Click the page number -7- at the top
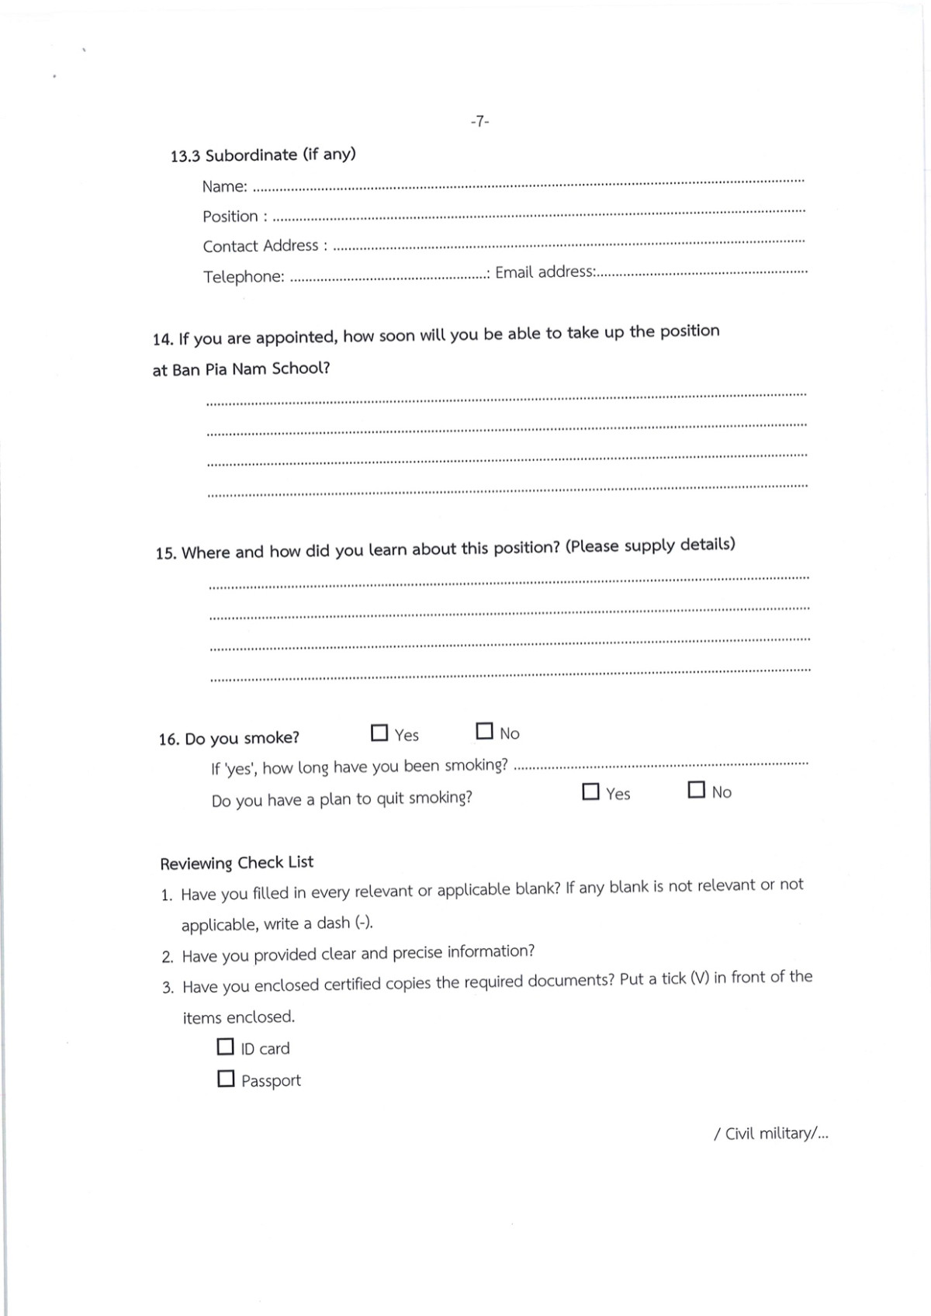click(x=479, y=121)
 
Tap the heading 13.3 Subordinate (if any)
click(x=263, y=154)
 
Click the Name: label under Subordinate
click(x=225, y=186)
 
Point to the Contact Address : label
click(x=265, y=246)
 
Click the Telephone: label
click(x=244, y=276)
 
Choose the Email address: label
click(x=545, y=272)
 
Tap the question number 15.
click(x=166, y=553)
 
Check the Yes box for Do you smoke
click(x=379, y=732)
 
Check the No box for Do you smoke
click(x=484, y=731)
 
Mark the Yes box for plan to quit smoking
click(x=590, y=791)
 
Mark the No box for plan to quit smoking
click(x=697, y=790)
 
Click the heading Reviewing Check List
click(x=237, y=862)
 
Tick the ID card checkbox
click(x=225, y=1047)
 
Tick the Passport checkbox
click(x=226, y=1079)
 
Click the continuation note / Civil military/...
click(x=770, y=1134)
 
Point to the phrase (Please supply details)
click(x=650, y=545)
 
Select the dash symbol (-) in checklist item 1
click(x=363, y=923)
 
